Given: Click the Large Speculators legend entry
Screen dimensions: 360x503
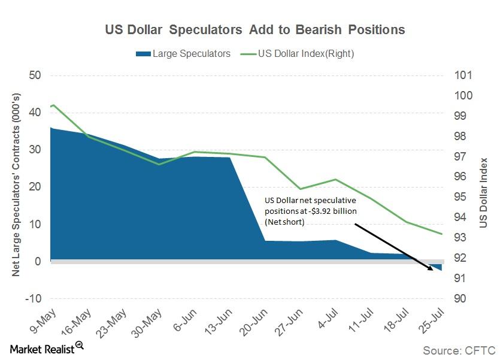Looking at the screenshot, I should pyautogui.click(x=183, y=54).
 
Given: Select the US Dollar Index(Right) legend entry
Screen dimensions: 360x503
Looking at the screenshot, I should pyautogui.click(x=299, y=54).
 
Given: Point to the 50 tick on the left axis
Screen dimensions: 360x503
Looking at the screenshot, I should pyautogui.click(x=35, y=75).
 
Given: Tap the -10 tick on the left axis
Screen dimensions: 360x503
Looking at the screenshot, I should pyautogui.click(x=32, y=298).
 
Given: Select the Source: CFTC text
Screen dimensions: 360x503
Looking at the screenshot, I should pyautogui.click(x=460, y=350).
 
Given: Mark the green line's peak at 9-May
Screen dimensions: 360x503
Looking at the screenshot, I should pyautogui.click(x=54, y=105).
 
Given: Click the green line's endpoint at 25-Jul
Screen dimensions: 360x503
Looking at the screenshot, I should pyautogui.click(x=442, y=234).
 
